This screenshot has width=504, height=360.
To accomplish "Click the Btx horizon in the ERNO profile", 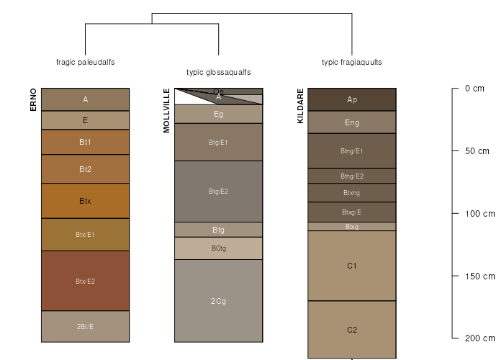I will (85, 201).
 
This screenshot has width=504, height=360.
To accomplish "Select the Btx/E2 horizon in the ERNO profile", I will (85, 281).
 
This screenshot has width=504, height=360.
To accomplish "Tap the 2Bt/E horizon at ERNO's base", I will (85, 326).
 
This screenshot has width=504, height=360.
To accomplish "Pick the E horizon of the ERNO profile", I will (85, 120).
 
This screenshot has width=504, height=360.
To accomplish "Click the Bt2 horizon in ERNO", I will (85, 169).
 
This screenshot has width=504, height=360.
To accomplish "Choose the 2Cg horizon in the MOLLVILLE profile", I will (218, 301).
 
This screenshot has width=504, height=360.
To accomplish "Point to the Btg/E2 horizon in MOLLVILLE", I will (218, 191).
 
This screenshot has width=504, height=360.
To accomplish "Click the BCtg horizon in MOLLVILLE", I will (218, 248).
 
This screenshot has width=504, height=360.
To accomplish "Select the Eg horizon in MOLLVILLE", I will (218, 114).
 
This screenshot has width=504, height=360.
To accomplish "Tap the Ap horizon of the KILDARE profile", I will (352, 99).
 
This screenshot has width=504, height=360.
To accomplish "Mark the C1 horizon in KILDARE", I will (352, 266).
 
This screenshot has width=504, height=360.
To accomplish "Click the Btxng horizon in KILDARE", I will (352, 192).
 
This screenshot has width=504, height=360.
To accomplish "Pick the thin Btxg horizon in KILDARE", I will (352, 227).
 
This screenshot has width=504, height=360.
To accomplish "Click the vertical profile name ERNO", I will (33, 99).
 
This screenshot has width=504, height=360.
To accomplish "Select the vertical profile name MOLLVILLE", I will (166, 111).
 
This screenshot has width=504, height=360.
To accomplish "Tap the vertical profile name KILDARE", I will (300, 106).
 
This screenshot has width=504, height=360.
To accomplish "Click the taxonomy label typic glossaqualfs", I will (218, 72).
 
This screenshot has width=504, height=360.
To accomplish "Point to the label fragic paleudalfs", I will (85, 62).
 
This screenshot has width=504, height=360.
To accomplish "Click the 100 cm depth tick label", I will (480, 214).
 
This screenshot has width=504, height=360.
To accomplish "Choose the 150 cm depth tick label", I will (480, 276).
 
